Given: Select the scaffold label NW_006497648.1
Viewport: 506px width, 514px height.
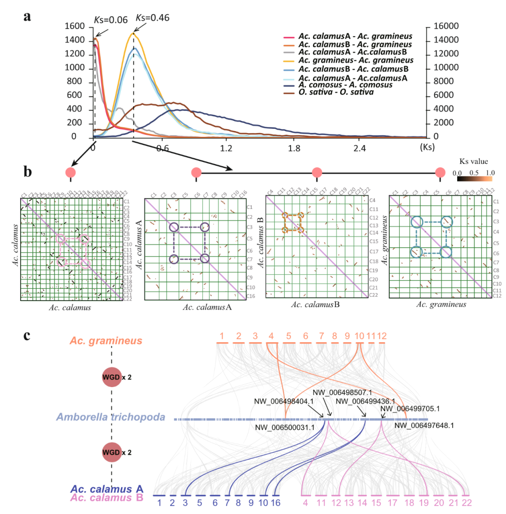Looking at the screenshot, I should point(424,426).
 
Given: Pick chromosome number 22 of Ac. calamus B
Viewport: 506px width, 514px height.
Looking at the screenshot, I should point(466,503).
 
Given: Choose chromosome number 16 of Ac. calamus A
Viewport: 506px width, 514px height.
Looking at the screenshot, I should point(276,503).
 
